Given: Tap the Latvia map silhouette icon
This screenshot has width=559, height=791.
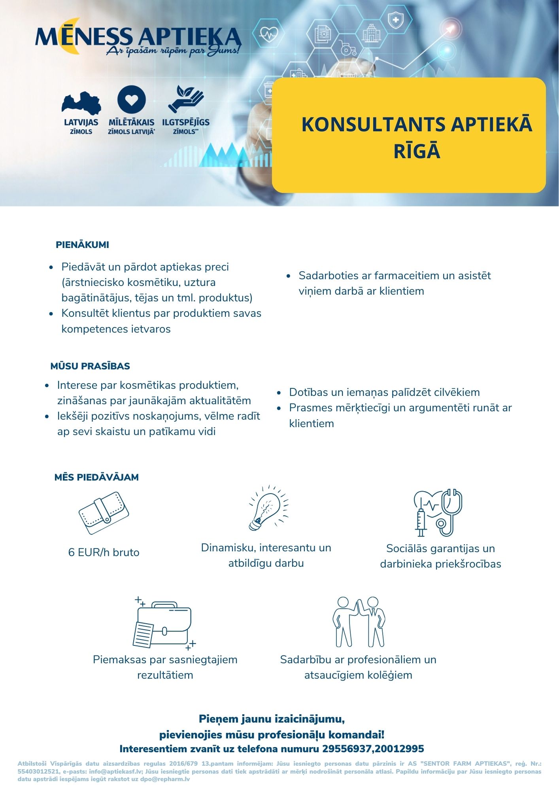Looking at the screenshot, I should [x=81, y=104].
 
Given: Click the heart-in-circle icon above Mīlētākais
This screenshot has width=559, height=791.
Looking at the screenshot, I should [x=132, y=100].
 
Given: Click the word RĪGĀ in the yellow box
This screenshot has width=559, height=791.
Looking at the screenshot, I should [x=417, y=151].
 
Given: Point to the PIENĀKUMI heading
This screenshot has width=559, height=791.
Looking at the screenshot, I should [x=82, y=245].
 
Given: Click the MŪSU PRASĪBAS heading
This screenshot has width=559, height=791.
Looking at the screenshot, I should [x=90, y=366].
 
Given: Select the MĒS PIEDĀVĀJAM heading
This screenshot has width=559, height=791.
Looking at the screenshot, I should [x=96, y=477].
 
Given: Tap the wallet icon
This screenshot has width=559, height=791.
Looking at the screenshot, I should [x=104, y=513].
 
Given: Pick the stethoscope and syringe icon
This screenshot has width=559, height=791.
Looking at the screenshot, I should [x=438, y=513].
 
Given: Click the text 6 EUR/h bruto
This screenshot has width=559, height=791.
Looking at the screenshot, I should [x=104, y=553].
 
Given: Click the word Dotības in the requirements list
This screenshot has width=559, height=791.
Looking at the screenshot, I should [x=309, y=392].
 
